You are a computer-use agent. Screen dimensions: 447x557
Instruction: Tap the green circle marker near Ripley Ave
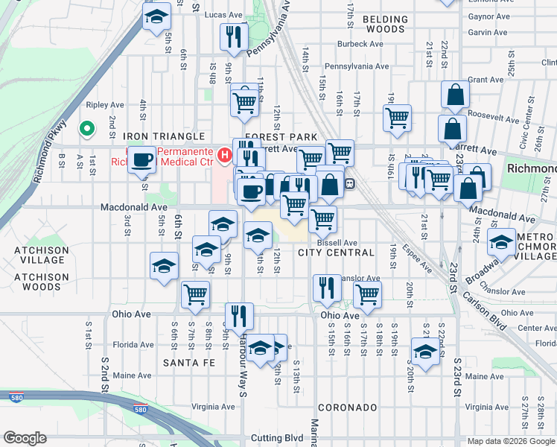86,129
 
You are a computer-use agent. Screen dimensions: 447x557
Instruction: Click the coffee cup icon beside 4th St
141,158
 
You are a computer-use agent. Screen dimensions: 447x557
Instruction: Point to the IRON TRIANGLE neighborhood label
164,137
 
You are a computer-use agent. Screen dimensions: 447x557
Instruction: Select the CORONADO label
347,408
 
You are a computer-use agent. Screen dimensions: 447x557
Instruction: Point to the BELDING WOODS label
385,24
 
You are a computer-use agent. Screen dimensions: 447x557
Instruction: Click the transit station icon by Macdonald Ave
348,183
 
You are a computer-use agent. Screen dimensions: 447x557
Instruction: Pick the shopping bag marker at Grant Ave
455,95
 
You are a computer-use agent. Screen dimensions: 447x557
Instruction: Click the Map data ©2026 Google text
510,441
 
